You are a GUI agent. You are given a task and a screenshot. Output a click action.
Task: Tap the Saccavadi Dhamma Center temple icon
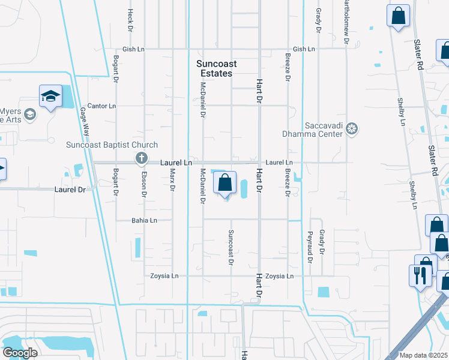352,128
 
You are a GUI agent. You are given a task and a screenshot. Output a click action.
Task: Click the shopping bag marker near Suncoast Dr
224,182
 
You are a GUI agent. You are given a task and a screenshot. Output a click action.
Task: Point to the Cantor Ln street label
101,106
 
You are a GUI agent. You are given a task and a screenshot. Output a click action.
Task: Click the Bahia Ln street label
144,221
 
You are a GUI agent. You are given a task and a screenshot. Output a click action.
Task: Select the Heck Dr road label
130,20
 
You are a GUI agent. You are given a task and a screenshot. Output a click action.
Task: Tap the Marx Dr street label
172,180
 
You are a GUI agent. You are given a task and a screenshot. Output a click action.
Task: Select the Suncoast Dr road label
231,247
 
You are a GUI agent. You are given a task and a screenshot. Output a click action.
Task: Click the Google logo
20,353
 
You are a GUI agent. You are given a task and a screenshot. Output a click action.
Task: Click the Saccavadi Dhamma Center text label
315,129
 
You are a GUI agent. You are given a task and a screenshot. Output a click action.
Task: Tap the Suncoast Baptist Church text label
111,145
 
